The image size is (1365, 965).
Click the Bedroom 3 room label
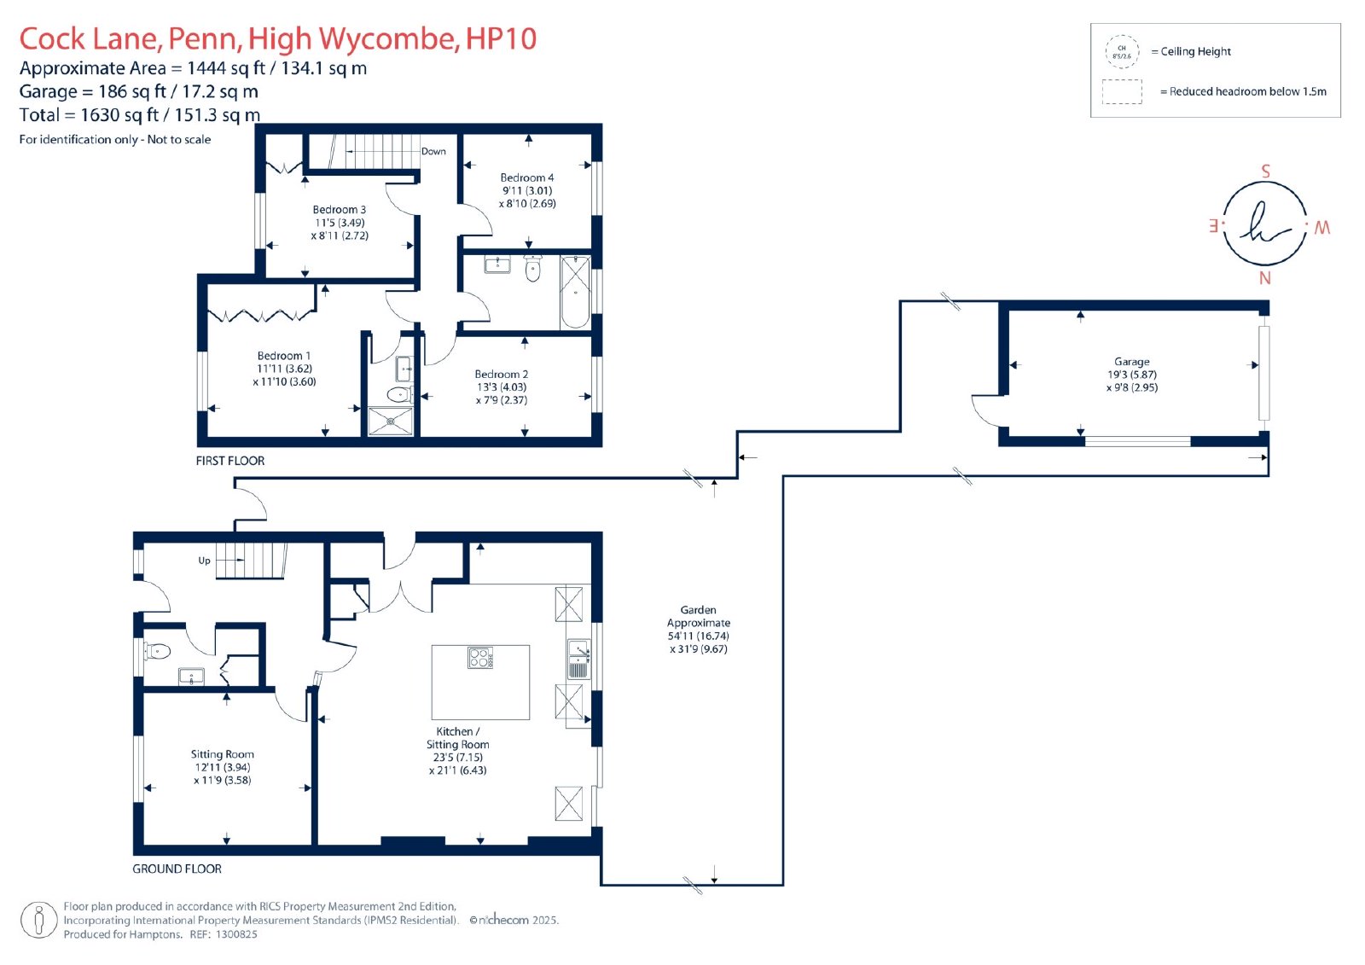click(x=340, y=210)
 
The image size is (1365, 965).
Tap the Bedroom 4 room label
click(x=526, y=178)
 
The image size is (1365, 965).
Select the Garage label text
click(x=1131, y=362)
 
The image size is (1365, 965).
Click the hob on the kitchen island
click(x=480, y=658)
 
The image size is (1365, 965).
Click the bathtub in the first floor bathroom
click(x=576, y=292)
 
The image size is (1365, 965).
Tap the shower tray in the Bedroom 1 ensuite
click(x=390, y=421)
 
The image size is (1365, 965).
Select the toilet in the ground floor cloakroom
click(x=159, y=652)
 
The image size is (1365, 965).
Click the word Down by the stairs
click(x=433, y=152)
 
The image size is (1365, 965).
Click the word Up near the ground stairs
click(x=205, y=561)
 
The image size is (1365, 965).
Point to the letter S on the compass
click(x=1265, y=171)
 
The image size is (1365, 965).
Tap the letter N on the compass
click(x=1264, y=278)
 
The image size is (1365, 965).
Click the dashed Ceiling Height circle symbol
click(x=1122, y=52)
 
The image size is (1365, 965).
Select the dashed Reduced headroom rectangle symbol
click(x=1122, y=91)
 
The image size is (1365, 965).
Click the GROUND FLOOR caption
click(x=177, y=869)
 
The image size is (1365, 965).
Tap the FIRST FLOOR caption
click(x=230, y=461)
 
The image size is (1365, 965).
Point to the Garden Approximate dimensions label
click(x=698, y=630)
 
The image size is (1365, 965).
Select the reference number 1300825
click(x=236, y=934)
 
